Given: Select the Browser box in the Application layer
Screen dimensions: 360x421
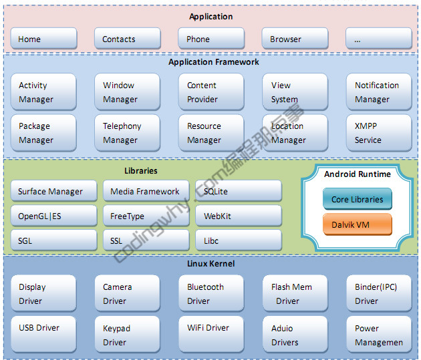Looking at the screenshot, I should pos(295,39).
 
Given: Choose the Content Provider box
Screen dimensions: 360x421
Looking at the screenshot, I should pos(211,92).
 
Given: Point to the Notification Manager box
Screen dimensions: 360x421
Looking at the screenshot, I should pos(379,92).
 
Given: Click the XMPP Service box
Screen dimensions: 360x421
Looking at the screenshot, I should pos(379,133).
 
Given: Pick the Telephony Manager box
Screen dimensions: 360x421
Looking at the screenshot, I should pos(127,133).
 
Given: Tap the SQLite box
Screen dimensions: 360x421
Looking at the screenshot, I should pos(239,192).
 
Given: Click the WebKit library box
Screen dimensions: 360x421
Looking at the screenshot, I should pos(239,216).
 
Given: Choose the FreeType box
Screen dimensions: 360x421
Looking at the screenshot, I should pos(146,216).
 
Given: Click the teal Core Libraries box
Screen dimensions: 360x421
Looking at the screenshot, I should pos(358,199).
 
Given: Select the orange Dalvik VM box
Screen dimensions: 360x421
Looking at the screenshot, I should pos(358,224).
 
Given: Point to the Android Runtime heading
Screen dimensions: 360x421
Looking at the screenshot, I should pos(358,174).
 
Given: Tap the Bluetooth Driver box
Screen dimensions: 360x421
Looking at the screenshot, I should pos(211,294).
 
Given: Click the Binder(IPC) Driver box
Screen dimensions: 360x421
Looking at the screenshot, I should pos(379,294).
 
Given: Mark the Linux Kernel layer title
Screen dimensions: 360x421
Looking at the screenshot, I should pos(210,264).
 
